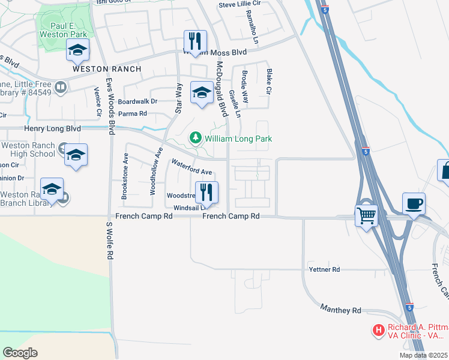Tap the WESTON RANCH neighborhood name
coord(107,69)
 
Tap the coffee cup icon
coord(414,203)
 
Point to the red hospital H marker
coord(378,329)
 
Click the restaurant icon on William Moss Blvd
coord(195,41)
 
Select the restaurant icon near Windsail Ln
coord(206,192)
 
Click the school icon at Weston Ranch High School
coord(76,155)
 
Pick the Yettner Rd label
coord(324,269)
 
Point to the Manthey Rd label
coord(340,310)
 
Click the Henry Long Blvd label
coord(52,128)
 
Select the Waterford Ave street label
coord(192,167)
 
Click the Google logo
coord(20,352)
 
